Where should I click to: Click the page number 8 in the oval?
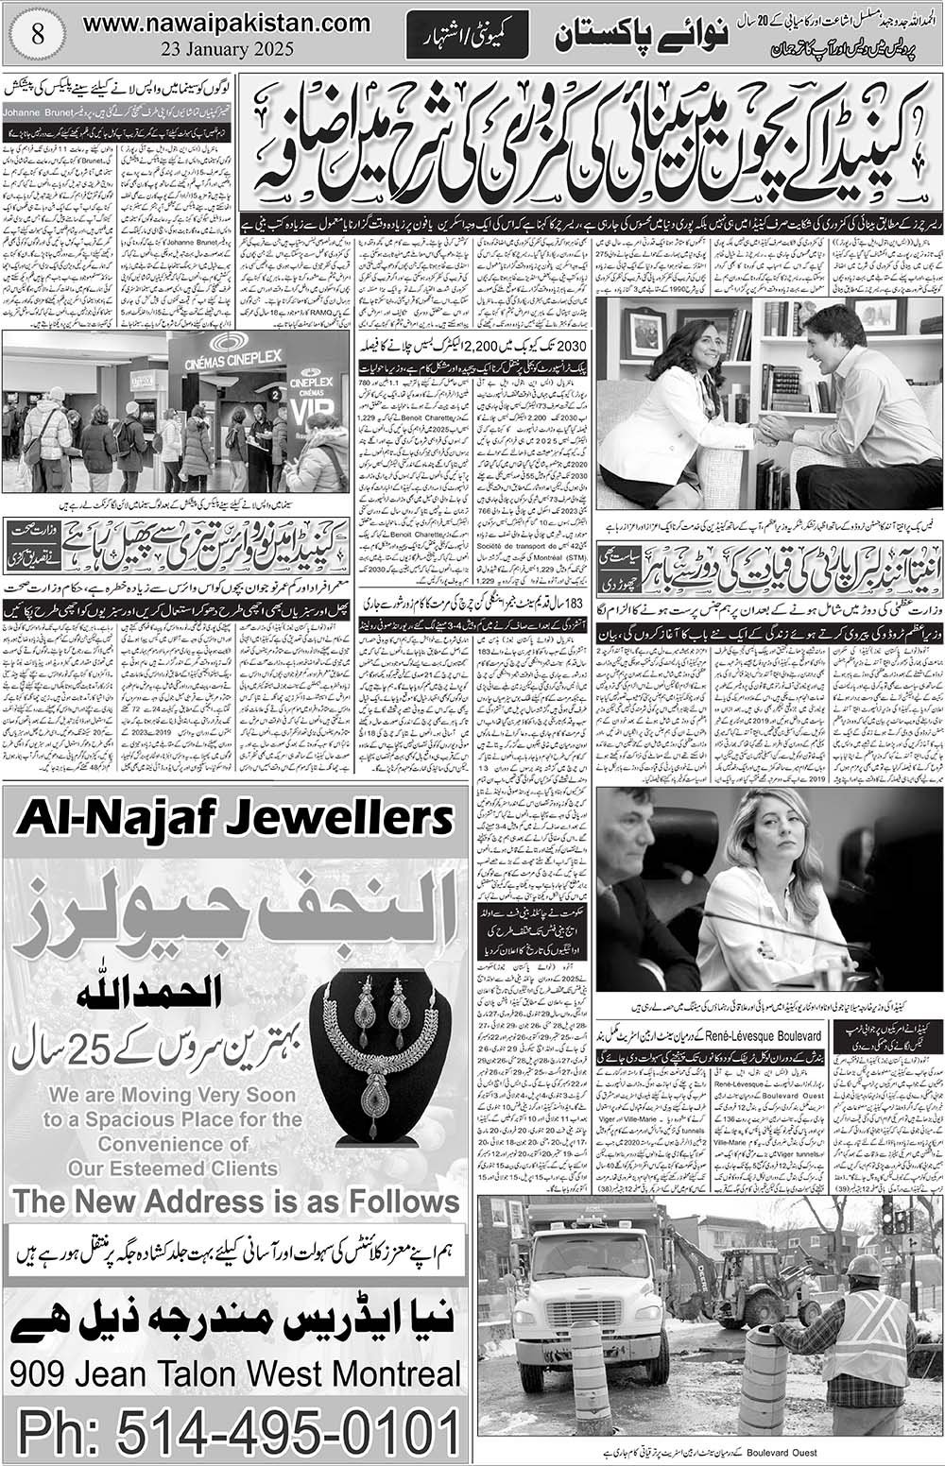[x=37, y=29]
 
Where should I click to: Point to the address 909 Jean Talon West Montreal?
[x=237, y=1374]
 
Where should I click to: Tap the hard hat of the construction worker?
[x=864, y=1265]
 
